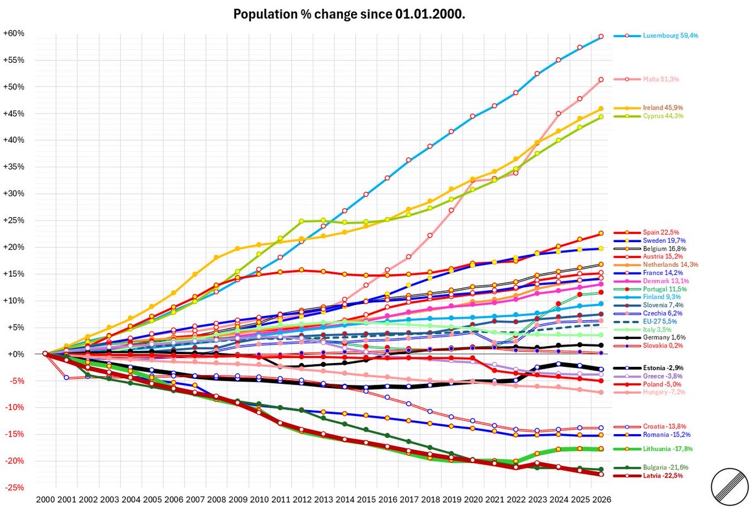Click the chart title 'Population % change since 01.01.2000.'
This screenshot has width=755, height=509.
(x=349, y=14)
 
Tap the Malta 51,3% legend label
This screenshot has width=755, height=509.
(x=661, y=79)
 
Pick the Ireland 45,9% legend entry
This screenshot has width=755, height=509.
(x=663, y=108)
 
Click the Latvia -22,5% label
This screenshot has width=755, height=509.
(x=663, y=476)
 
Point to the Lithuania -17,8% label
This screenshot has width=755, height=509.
(x=668, y=449)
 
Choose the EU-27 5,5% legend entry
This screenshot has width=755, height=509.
(x=659, y=322)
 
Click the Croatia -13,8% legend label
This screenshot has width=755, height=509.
(x=664, y=427)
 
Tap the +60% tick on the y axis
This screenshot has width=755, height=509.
(x=14, y=33)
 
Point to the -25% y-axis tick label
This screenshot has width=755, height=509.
(x=14, y=488)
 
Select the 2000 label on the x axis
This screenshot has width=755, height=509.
(x=45, y=499)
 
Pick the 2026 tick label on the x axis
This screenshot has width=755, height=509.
(x=601, y=499)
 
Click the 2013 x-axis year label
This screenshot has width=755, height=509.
(x=323, y=499)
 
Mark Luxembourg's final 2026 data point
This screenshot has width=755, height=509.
(x=601, y=36)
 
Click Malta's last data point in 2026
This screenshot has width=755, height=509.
(x=601, y=79)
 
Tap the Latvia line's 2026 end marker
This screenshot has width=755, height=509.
(x=601, y=474)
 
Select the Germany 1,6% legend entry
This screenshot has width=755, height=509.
(x=664, y=337)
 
